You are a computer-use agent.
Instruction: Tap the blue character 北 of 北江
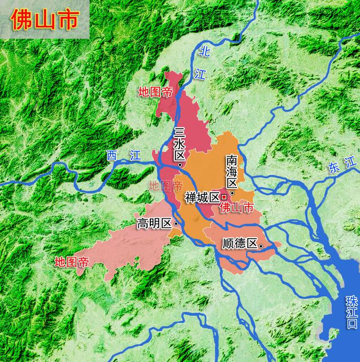coord(205,51)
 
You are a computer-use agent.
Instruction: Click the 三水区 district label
coord(180,144)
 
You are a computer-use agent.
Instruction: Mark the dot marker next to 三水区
coord(180,165)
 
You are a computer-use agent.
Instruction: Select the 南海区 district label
coord(232,172)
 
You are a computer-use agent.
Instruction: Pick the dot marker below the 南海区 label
coord(232,192)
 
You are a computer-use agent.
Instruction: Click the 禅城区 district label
coord(202,197)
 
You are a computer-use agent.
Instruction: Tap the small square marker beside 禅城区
coord(224,197)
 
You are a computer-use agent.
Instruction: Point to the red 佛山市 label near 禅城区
coord(237,207)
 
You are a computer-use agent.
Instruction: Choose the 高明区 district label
coord(154,224)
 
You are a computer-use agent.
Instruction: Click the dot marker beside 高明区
coord(176,224)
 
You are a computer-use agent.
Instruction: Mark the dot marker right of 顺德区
coord(261,245)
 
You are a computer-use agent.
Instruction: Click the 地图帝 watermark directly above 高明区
coord(166,185)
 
